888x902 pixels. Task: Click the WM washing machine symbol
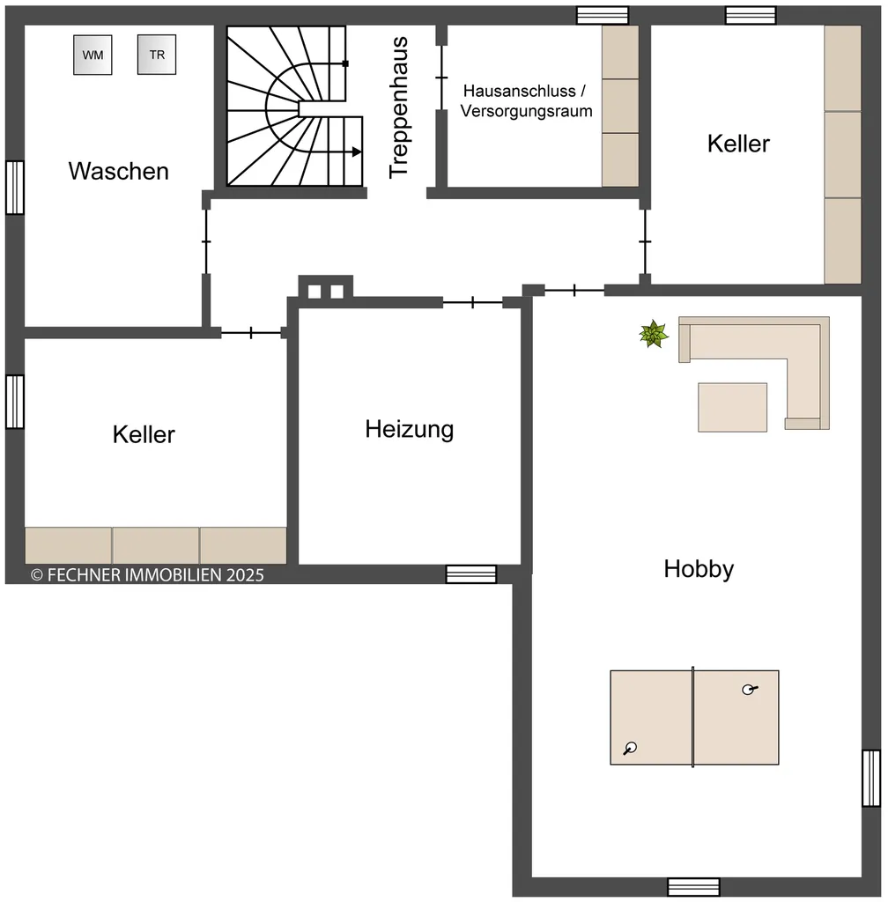(x=92, y=55)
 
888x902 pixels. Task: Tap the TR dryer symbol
(x=157, y=55)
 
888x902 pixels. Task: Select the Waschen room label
(x=118, y=171)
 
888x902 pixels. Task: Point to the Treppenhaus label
(x=398, y=107)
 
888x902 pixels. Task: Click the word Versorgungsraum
(x=526, y=110)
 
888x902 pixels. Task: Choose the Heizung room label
(x=410, y=430)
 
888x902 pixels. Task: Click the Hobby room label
(x=699, y=569)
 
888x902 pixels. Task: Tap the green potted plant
(x=654, y=334)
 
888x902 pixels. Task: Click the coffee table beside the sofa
(x=732, y=407)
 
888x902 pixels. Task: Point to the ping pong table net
(x=693, y=717)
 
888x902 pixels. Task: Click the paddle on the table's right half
(x=749, y=689)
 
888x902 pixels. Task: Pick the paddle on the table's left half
(x=631, y=748)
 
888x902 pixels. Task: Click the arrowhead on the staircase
(x=357, y=152)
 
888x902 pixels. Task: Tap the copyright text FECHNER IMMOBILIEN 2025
(x=147, y=574)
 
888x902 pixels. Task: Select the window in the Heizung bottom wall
(x=471, y=574)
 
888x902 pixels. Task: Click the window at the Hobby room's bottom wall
(x=693, y=887)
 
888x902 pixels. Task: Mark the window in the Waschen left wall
(x=15, y=188)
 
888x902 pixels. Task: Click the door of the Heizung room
(x=473, y=302)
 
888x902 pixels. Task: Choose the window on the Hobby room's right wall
(x=871, y=778)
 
